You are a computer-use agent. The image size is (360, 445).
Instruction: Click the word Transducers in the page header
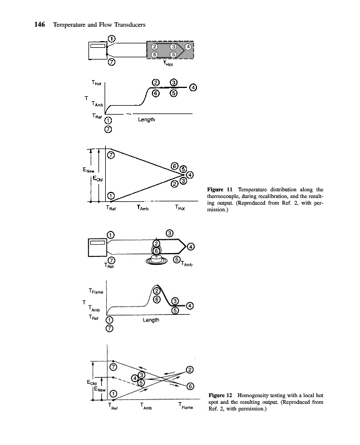(x=129, y=24)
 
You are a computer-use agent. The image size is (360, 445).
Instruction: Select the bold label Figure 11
(x=220, y=190)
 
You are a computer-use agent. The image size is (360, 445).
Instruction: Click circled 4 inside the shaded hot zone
(x=188, y=47)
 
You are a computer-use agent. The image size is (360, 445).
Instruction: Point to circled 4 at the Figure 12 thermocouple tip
(x=191, y=246)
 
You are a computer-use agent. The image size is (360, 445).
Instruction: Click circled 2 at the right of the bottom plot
(x=190, y=370)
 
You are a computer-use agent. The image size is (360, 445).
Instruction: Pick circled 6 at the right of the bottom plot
(x=190, y=386)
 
